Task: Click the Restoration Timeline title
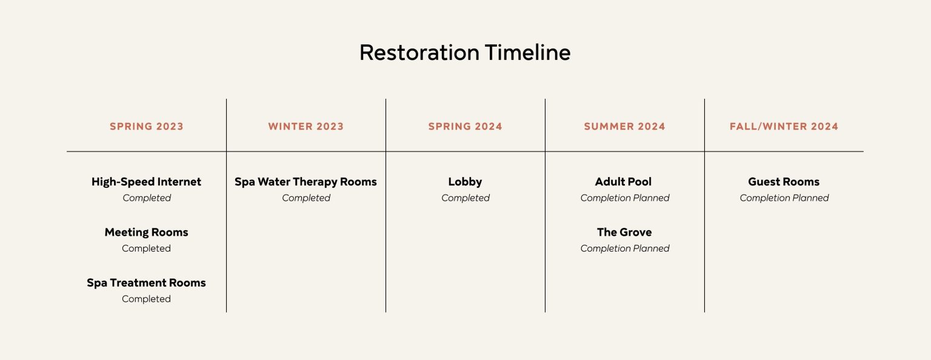[x=465, y=53]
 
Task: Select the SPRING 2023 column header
[x=147, y=127]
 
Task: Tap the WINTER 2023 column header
[x=306, y=127]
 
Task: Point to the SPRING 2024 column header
[x=465, y=127]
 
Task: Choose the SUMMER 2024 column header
[x=625, y=127]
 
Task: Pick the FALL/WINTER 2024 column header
[x=784, y=127]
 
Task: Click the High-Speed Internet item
[x=146, y=182]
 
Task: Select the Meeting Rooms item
[x=146, y=232]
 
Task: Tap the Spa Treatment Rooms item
[x=146, y=282]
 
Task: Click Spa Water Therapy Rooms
[x=305, y=182]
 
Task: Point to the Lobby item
[x=465, y=182]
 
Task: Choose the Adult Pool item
[x=624, y=182]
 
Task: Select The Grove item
[x=624, y=232]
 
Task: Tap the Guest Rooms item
[x=784, y=182]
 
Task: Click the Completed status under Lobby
[x=465, y=198]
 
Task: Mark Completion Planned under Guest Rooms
[x=784, y=198]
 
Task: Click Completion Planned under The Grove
[x=625, y=248]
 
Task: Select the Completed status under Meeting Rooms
[x=146, y=248]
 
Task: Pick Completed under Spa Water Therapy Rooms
[x=306, y=198]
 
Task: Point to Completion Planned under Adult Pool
[x=625, y=198]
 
